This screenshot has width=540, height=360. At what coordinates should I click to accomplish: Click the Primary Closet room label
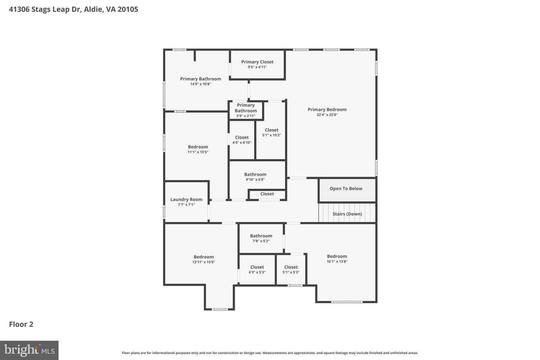point(257,62)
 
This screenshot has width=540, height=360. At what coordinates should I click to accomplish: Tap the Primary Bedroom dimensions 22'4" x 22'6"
point(327,115)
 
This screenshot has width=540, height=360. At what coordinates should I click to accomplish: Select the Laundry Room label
point(186,199)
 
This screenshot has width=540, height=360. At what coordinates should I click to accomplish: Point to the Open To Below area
point(346,189)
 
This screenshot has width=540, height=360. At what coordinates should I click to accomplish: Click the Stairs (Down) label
point(347,214)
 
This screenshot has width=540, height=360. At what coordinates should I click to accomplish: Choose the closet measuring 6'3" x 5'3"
point(257,269)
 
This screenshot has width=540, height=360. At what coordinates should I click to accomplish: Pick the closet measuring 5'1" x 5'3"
point(291,269)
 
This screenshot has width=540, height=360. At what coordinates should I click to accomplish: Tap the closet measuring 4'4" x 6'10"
point(242,139)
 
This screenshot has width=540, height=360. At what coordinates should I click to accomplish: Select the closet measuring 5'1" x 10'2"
point(271,132)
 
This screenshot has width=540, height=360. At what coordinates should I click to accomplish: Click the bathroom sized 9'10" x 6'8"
point(255,177)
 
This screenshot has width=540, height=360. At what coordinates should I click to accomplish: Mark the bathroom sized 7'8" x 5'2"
point(261,238)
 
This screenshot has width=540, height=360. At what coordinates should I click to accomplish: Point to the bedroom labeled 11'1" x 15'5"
point(198,149)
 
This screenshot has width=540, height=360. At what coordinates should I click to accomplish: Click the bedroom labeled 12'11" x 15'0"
point(204,259)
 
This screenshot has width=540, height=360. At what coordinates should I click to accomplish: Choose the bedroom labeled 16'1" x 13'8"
point(337,259)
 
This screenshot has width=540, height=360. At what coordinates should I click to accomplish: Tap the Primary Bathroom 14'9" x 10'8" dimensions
point(201,84)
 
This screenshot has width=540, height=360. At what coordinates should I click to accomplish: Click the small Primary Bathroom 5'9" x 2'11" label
point(246,110)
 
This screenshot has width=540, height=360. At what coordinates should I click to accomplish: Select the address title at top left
point(73,9)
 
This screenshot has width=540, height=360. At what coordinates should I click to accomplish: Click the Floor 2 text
point(21,324)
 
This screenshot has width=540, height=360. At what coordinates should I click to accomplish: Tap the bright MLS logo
point(29,350)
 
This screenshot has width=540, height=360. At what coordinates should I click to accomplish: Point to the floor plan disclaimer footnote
point(270,353)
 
